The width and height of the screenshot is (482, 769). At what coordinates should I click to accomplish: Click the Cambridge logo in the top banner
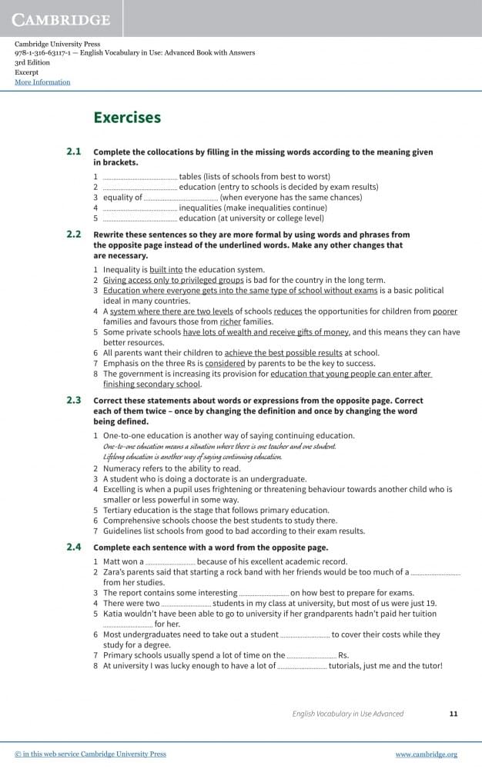click(x=62, y=19)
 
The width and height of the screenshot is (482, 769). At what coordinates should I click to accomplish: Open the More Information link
click(x=42, y=82)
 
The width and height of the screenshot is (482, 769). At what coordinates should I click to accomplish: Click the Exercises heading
click(x=127, y=118)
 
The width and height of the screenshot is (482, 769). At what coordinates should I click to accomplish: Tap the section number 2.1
click(x=74, y=151)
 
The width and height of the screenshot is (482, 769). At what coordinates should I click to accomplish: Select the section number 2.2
click(x=74, y=234)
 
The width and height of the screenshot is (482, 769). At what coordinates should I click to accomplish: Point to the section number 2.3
click(x=74, y=401)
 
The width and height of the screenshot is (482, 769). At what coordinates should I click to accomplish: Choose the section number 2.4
click(x=74, y=547)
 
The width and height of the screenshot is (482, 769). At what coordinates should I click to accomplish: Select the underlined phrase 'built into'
click(x=166, y=270)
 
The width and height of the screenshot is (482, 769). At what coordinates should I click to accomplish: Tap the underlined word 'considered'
click(x=226, y=363)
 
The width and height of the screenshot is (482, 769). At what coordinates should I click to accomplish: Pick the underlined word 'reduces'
click(x=288, y=311)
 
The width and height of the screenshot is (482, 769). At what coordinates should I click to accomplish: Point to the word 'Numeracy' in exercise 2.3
click(x=120, y=468)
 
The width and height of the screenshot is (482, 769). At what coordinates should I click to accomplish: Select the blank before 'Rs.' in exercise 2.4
click(x=311, y=655)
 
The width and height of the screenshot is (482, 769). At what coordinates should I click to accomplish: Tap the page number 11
click(x=454, y=714)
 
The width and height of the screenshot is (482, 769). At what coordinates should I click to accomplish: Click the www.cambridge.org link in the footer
click(x=427, y=754)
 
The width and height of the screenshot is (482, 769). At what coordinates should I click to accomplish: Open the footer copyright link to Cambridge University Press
click(x=91, y=754)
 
